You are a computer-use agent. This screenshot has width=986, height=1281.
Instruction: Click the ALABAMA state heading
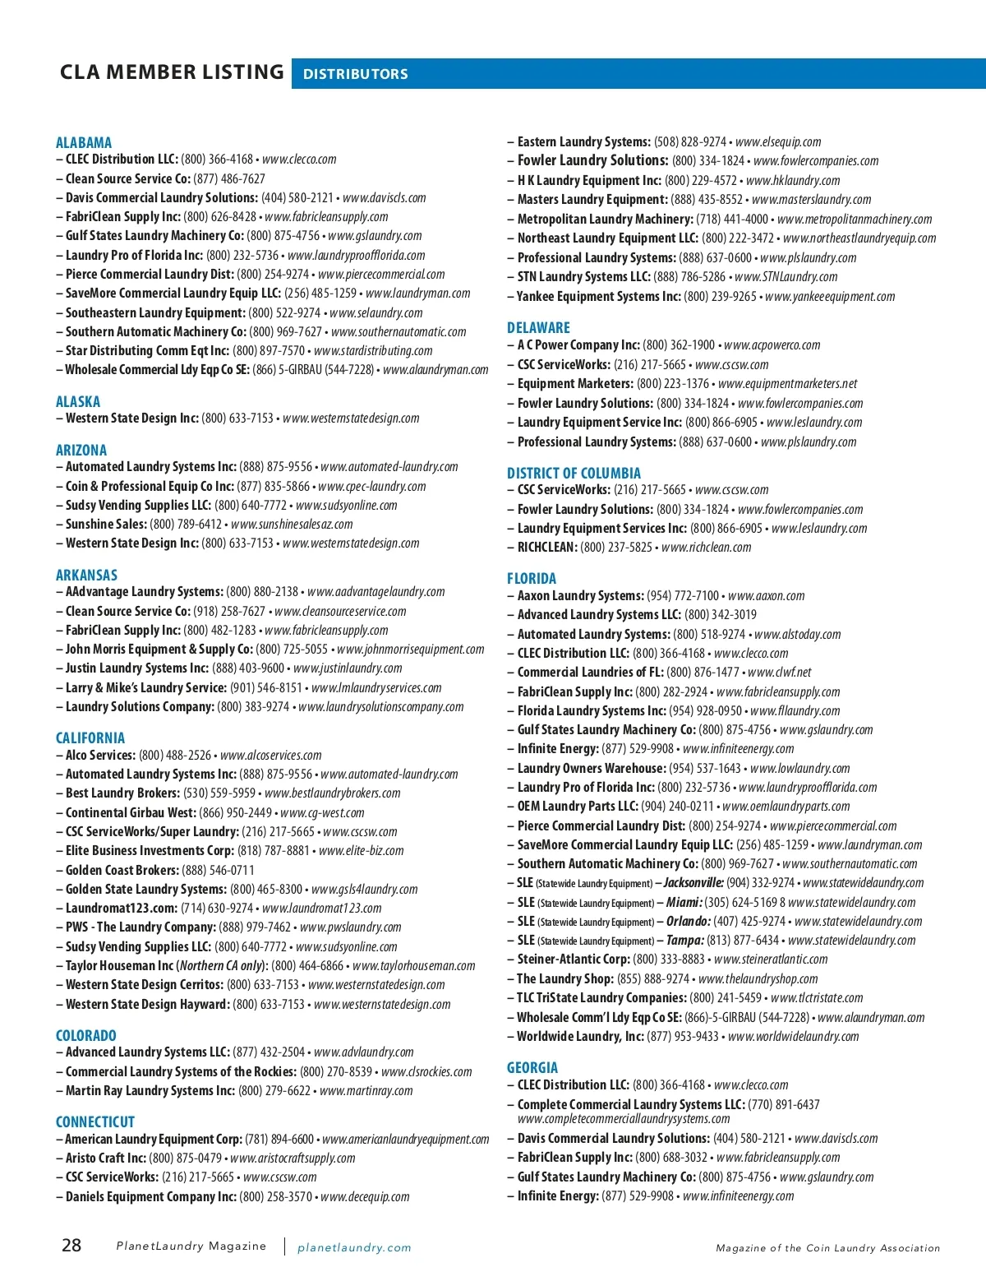[x=84, y=142]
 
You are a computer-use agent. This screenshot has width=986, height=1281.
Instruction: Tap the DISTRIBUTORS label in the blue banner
[x=355, y=74]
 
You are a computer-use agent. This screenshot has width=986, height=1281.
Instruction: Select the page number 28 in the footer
[x=71, y=1245]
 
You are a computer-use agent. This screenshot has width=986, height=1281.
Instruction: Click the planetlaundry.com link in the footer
[x=354, y=1247]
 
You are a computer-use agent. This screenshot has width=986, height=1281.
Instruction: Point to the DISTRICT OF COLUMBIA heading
[x=574, y=473]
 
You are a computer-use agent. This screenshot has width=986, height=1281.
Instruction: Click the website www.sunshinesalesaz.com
[x=292, y=525]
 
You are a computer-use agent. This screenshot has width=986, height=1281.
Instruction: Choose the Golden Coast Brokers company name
[x=122, y=870]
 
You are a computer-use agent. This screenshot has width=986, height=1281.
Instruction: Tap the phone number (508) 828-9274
[x=690, y=142]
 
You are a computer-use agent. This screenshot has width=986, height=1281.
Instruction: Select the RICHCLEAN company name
[x=546, y=548]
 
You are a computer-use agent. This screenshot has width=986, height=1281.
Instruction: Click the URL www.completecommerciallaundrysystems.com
[x=623, y=1118]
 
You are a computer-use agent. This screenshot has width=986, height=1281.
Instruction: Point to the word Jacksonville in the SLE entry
[x=693, y=883]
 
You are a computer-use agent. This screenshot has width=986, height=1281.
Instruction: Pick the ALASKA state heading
[x=78, y=401]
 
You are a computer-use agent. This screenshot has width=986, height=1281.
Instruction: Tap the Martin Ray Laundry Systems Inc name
[x=150, y=1090]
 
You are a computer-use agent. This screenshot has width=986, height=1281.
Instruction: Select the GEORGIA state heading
[x=532, y=1067]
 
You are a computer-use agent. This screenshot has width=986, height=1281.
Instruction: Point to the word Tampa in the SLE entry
[x=684, y=941]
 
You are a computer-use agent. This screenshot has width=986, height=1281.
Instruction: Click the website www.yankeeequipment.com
[x=830, y=296]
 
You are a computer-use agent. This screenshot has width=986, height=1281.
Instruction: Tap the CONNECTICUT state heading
[x=95, y=1121]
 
